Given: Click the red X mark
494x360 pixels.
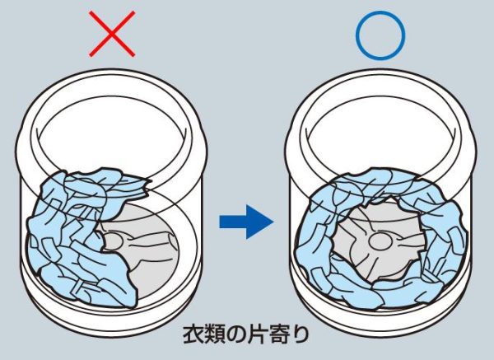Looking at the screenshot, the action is [x=112, y=34].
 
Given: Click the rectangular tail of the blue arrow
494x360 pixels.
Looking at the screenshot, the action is [x=233, y=222].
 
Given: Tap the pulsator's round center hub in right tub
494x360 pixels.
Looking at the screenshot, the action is [x=380, y=241].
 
